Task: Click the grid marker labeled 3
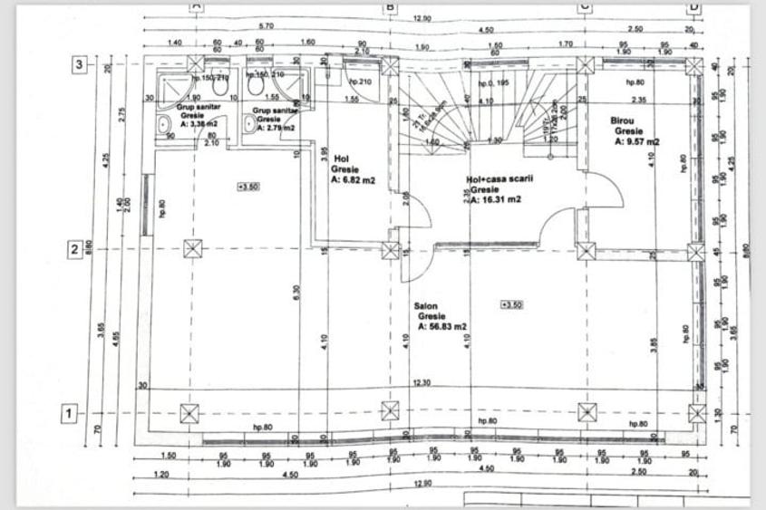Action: click(x=79, y=64)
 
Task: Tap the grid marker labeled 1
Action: click(x=67, y=414)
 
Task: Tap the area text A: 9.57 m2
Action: click(x=636, y=141)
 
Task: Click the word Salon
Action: click(x=426, y=307)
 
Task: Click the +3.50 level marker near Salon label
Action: click(x=510, y=304)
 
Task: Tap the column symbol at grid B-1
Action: click(x=390, y=411)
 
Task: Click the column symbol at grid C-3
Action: click(x=586, y=65)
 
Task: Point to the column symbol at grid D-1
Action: click(x=696, y=414)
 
